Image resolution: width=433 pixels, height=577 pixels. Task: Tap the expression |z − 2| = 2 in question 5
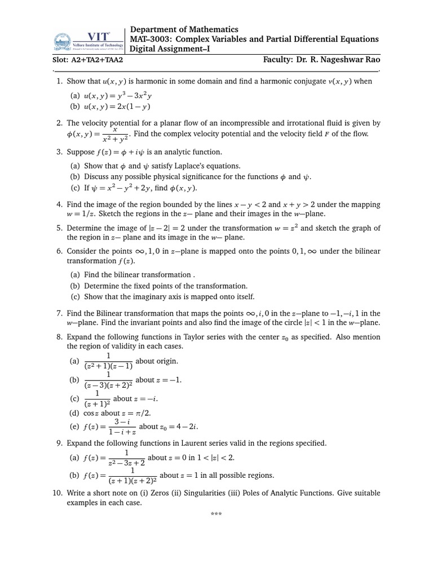tap(167, 228)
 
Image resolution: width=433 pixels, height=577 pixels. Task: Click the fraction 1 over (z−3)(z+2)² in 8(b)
tap(108, 380)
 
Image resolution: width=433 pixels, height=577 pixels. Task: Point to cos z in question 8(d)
tap(90, 413)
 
